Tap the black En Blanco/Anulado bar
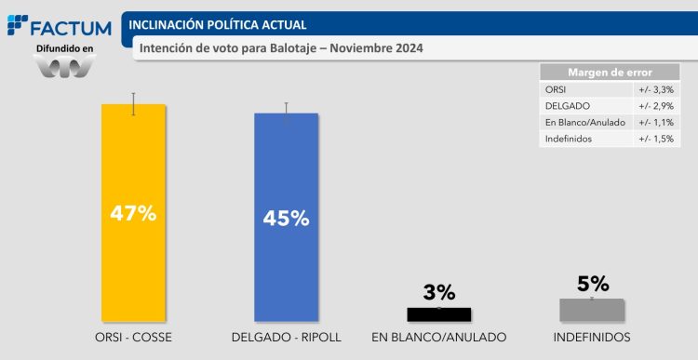pyautogui.click(x=439, y=314)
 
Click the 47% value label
pyautogui.click(x=133, y=213)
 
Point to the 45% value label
pyautogui.click(x=287, y=219)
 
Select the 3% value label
pyautogui.click(x=438, y=292)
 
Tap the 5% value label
pyautogui.click(x=592, y=283)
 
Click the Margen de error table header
pyautogui.click(x=610, y=73)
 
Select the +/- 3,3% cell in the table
pyautogui.click(x=655, y=89)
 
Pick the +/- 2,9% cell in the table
pyautogui.click(x=655, y=106)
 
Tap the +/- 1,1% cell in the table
pyautogui.click(x=655, y=123)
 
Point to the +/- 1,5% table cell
pyautogui.click(x=655, y=139)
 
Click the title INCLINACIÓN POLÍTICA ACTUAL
pyautogui.click(x=217, y=24)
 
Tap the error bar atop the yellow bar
pyautogui.click(x=134, y=103)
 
